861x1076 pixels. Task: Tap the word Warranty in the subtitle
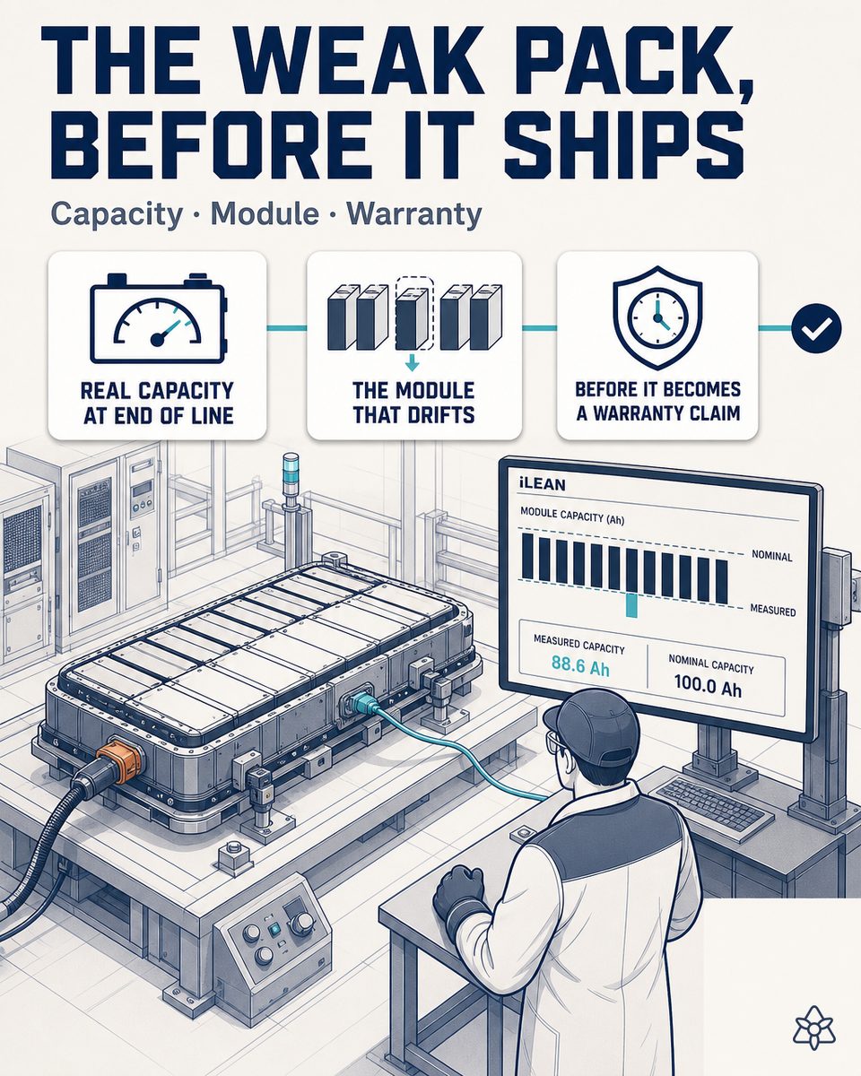(x=414, y=214)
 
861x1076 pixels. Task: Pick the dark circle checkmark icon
(x=816, y=328)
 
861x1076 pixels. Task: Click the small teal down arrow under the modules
(x=412, y=363)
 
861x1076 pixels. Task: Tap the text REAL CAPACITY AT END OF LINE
(x=158, y=403)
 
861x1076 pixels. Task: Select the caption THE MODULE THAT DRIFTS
(x=413, y=403)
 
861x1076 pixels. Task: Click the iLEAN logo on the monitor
(x=543, y=484)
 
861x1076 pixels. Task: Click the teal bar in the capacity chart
(x=632, y=604)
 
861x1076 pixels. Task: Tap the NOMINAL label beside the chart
(x=772, y=556)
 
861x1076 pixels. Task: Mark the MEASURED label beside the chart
(x=773, y=610)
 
